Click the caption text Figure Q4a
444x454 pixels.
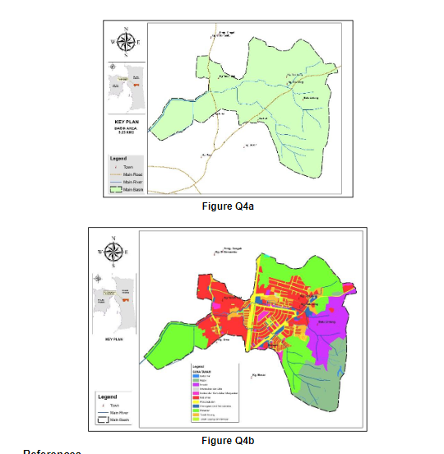tap(228, 206)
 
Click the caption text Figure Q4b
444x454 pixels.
tap(228, 441)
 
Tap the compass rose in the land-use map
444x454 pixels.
tap(114, 250)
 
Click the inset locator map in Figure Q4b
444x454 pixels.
tap(114, 300)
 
